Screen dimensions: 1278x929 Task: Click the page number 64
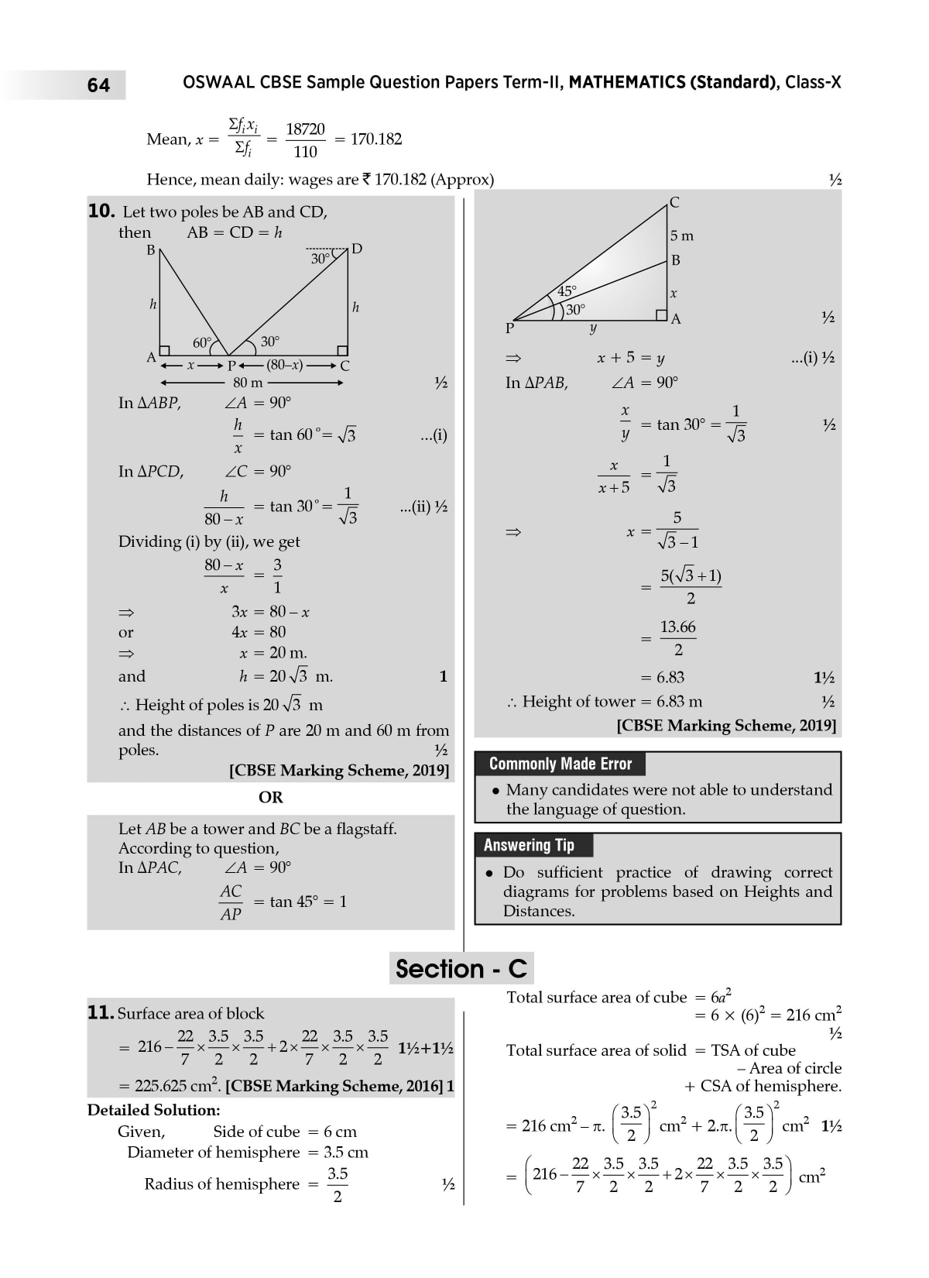tap(98, 85)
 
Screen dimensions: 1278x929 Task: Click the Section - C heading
tap(461, 969)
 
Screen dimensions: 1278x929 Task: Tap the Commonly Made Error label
tap(560, 764)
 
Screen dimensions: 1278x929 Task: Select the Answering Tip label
tap(529, 845)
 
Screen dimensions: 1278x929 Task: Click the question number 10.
tap(101, 211)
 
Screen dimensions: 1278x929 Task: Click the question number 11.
tap(101, 1013)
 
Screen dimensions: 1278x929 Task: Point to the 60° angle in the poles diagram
tap(201, 343)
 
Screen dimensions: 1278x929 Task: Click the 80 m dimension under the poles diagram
tap(248, 383)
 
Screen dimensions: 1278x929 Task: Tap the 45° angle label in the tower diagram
tap(567, 291)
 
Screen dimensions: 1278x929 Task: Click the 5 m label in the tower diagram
tap(681, 235)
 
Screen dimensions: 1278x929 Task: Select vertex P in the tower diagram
tap(509, 328)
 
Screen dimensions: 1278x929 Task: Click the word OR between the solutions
tap(271, 797)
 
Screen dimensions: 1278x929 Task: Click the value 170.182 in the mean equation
tap(376, 139)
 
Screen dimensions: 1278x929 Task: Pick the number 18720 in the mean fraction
tap(305, 129)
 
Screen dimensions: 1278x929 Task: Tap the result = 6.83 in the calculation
tap(663, 678)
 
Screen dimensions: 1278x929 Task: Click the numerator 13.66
tap(677, 627)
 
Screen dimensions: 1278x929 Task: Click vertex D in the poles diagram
tap(357, 249)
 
